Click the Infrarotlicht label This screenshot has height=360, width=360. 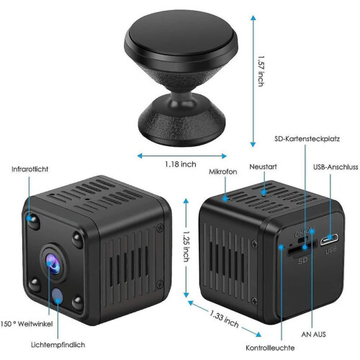click(x=30, y=169)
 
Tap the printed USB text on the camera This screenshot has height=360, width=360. click(x=331, y=251)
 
